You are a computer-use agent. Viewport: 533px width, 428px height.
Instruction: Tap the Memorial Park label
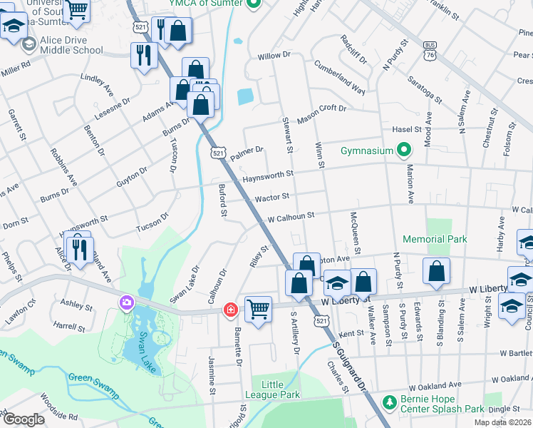(x=435, y=239)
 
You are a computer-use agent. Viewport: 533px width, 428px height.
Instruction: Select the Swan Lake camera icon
(x=128, y=303)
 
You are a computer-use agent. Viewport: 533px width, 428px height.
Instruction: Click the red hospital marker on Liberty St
(x=230, y=310)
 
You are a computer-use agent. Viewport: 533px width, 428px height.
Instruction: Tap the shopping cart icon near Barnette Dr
(x=258, y=310)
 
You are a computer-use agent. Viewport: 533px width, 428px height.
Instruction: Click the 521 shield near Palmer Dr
(x=219, y=153)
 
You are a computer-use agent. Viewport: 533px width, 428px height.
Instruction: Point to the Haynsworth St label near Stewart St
(x=267, y=175)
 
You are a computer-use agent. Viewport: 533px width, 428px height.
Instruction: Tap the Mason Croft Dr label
(x=321, y=113)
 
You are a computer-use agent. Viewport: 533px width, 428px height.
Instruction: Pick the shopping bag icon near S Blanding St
(x=436, y=271)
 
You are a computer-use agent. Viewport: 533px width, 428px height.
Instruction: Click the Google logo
(x=24, y=419)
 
